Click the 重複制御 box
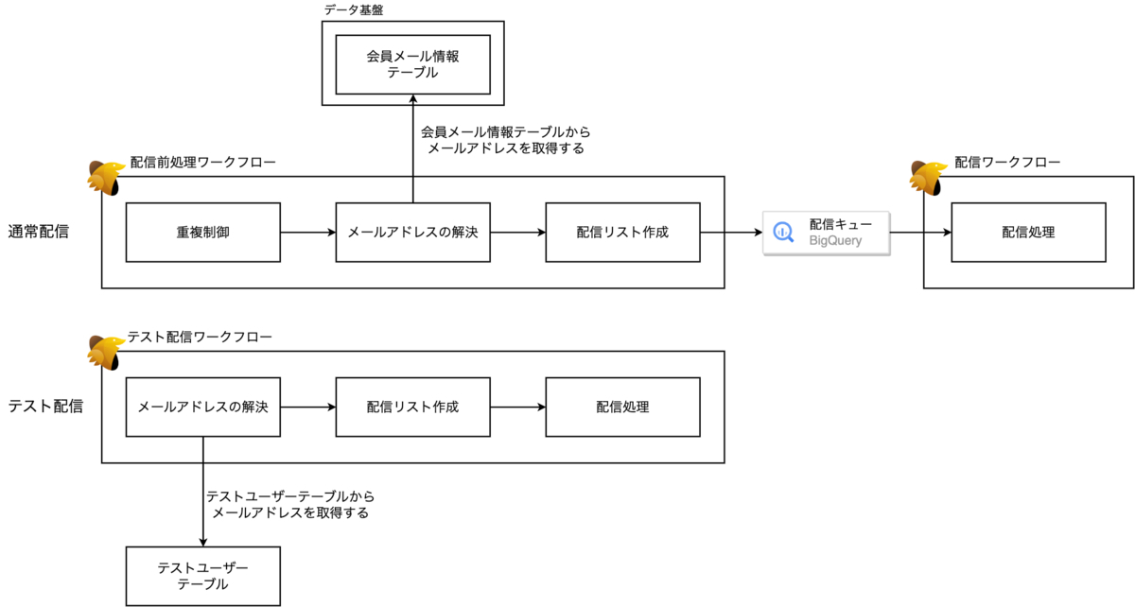pos(203,232)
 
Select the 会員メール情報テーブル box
pos(412,64)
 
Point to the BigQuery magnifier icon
pos(784,233)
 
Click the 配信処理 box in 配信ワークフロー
pos(1028,232)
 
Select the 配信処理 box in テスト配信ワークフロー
pos(622,408)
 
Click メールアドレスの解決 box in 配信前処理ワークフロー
pos(412,232)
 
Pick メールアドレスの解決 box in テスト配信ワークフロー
pos(203,408)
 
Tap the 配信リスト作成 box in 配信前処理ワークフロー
pos(622,232)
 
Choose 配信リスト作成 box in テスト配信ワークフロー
pos(412,408)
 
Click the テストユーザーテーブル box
pos(203,576)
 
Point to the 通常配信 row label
pos(39,232)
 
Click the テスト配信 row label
pos(45,407)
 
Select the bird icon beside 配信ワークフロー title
pos(928,177)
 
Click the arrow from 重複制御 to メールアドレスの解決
pos(308,232)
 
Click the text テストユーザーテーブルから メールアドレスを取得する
pos(290,505)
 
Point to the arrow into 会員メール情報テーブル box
pos(412,142)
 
